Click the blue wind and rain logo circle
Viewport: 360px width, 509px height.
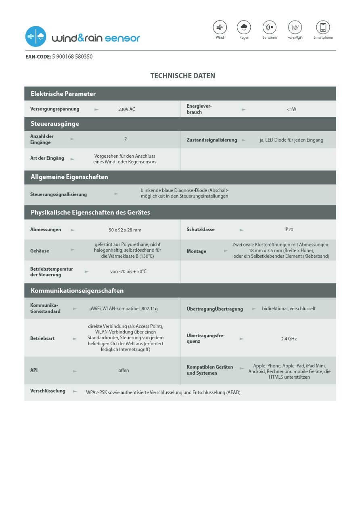(x=36, y=37)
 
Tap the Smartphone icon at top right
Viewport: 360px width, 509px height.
(x=323, y=27)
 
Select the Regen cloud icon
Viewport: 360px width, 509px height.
(x=244, y=27)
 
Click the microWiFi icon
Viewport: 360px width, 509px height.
(x=295, y=27)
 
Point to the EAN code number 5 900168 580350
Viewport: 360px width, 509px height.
(x=72, y=57)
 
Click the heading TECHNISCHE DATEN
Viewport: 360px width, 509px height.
(x=182, y=76)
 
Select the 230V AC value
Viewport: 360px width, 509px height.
(x=127, y=109)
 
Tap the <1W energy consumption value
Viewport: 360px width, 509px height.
(x=291, y=109)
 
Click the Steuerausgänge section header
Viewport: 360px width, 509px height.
(x=55, y=124)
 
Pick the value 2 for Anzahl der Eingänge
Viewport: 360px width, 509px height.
(x=126, y=139)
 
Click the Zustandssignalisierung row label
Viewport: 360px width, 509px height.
(x=212, y=140)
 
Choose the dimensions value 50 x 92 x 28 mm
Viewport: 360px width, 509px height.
(x=125, y=230)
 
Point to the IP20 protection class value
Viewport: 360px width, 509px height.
(x=289, y=229)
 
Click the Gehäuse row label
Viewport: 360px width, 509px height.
(x=40, y=251)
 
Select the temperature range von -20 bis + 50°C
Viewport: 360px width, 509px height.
(x=128, y=271)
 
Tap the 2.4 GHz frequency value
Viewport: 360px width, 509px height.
(x=289, y=339)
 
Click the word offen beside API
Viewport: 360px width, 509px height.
(x=123, y=370)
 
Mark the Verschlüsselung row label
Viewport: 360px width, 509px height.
(x=48, y=391)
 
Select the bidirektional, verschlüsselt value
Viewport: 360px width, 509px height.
(x=289, y=309)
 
